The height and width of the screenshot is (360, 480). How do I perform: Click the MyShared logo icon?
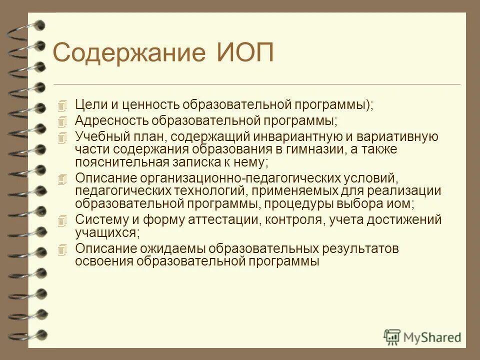(392, 336)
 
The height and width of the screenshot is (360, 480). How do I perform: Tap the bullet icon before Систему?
(62, 220)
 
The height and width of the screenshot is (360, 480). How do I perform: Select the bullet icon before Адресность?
(62, 121)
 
